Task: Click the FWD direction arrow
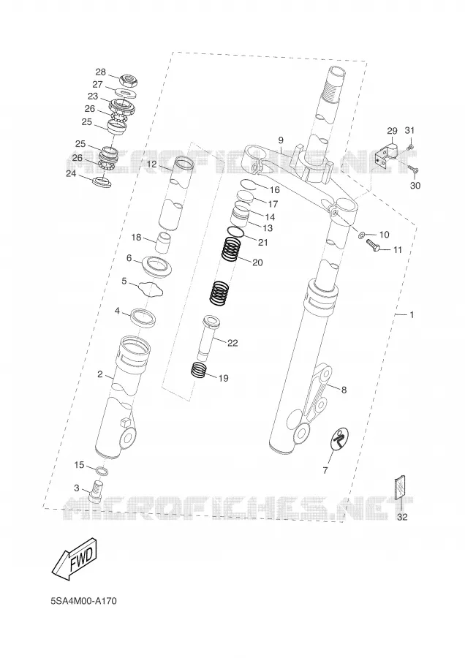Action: [x=75, y=559]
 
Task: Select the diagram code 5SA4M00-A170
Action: [x=83, y=602]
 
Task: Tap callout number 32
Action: [x=402, y=517]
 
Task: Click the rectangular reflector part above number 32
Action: [x=401, y=487]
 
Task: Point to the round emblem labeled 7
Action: [x=339, y=440]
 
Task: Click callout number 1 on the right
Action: [x=412, y=314]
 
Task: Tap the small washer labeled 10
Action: [x=361, y=234]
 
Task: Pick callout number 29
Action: [x=392, y=130]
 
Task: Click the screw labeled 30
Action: [x=412, y=169]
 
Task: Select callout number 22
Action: [x=232, y=343]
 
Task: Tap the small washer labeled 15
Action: [x=102, y=469]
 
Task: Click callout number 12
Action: [x=151, y=164]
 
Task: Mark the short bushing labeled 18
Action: [x=164, y=243]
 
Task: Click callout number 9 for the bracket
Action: [x=281, y=140]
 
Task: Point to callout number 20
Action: [x=257, y=262]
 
